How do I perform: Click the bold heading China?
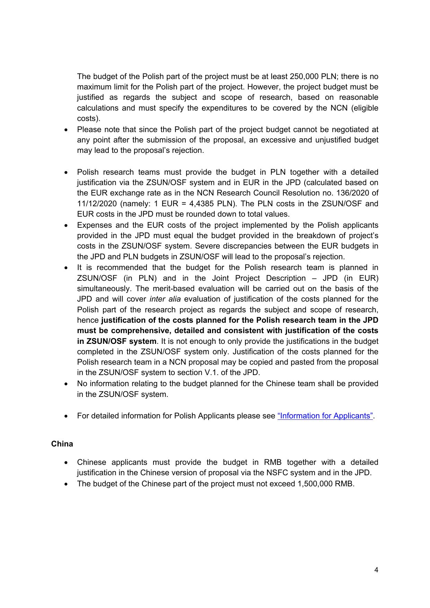[62, 444]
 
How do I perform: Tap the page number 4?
[376, 570]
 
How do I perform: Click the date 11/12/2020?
[97, 203]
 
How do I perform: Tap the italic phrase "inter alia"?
[165, 299]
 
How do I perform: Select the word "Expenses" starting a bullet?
[92, 225]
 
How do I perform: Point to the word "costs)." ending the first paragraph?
[89, 119]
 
